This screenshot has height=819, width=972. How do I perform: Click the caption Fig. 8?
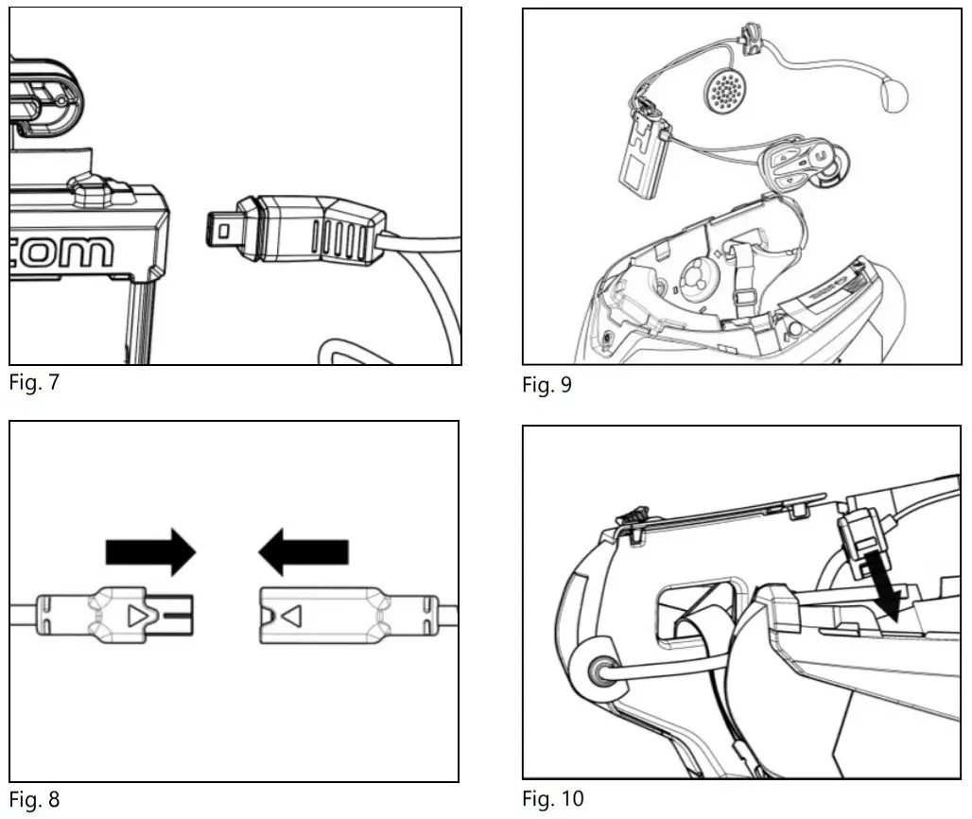(34, 799)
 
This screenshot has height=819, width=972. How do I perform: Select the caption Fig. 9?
(547, 385)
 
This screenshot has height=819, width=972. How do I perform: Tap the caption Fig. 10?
(553, 799)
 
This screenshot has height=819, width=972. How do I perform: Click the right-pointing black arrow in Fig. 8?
(151, 550)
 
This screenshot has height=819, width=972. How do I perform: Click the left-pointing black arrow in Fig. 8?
(304, 550)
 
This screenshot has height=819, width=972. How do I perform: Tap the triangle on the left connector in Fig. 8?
(138, 617)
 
